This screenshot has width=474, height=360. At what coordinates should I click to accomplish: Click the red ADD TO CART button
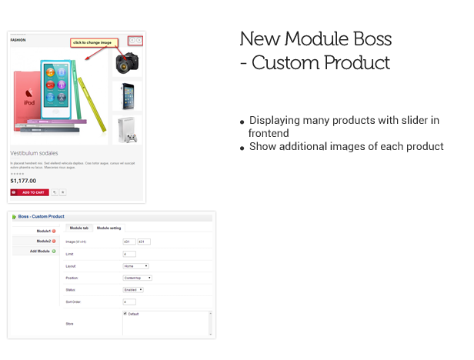pos(29,192)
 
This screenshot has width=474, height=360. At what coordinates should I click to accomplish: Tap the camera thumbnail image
pos(127,62)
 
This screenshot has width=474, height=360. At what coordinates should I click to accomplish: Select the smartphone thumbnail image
pos(127,95)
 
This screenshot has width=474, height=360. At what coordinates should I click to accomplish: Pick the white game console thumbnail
pos(127,128)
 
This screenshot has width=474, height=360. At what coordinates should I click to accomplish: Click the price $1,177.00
pos(23,181)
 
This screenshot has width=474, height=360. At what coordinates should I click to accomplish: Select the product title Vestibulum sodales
pos(35,153)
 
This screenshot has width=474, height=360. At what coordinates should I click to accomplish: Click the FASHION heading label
pos(18,39)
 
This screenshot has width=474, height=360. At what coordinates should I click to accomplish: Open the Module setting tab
pos(109,228)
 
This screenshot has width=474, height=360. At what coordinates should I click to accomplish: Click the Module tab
pos(79,228)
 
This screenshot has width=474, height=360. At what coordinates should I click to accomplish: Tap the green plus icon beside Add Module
pos(54,252)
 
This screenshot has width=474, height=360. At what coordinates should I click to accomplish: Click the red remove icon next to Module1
pos(54,231)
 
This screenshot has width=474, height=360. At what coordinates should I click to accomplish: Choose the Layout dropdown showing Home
pos(136,265)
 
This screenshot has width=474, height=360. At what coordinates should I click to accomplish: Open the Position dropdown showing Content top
pos(138,278)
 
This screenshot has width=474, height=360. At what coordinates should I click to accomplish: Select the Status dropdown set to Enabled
pos(134,290)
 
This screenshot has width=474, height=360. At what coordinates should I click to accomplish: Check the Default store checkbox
pos(125,314)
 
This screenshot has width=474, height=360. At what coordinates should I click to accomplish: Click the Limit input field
pos(129,254)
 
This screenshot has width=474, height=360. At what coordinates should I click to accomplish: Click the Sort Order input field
pos(129,302)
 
